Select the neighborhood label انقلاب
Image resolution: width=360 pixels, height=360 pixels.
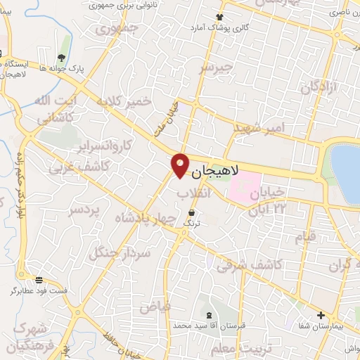191,192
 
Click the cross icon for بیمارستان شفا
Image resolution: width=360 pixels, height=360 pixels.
321,315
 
